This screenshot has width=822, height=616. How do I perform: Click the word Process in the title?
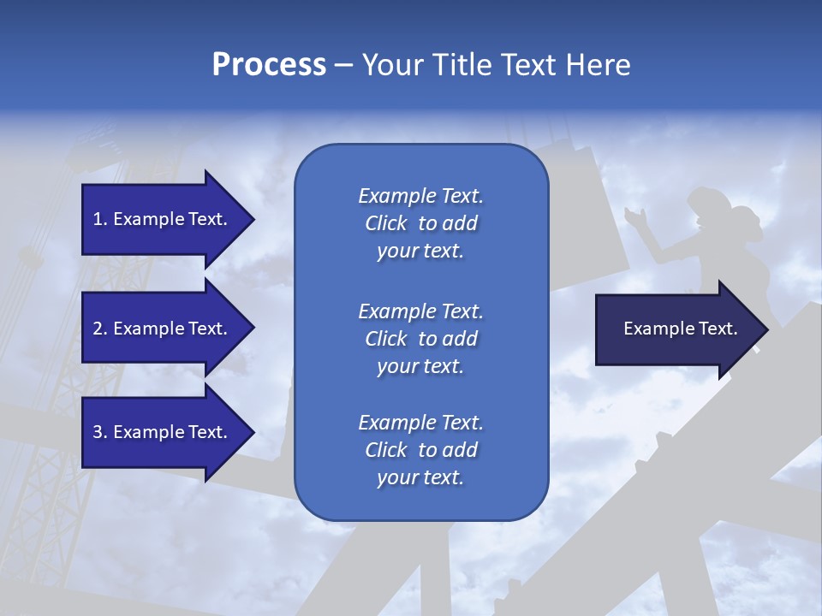269,65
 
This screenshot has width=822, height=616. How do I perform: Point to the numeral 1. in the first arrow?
100,219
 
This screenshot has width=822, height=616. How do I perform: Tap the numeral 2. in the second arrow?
100,329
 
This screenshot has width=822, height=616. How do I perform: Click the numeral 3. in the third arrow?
100,432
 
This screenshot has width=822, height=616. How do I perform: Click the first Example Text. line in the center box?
420,196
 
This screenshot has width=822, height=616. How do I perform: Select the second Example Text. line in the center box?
420,311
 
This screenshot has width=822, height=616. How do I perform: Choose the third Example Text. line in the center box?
420,423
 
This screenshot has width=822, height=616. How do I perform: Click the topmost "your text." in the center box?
420,252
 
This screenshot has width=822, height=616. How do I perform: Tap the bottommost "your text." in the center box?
420,478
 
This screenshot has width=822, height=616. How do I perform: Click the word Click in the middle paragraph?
385,339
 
